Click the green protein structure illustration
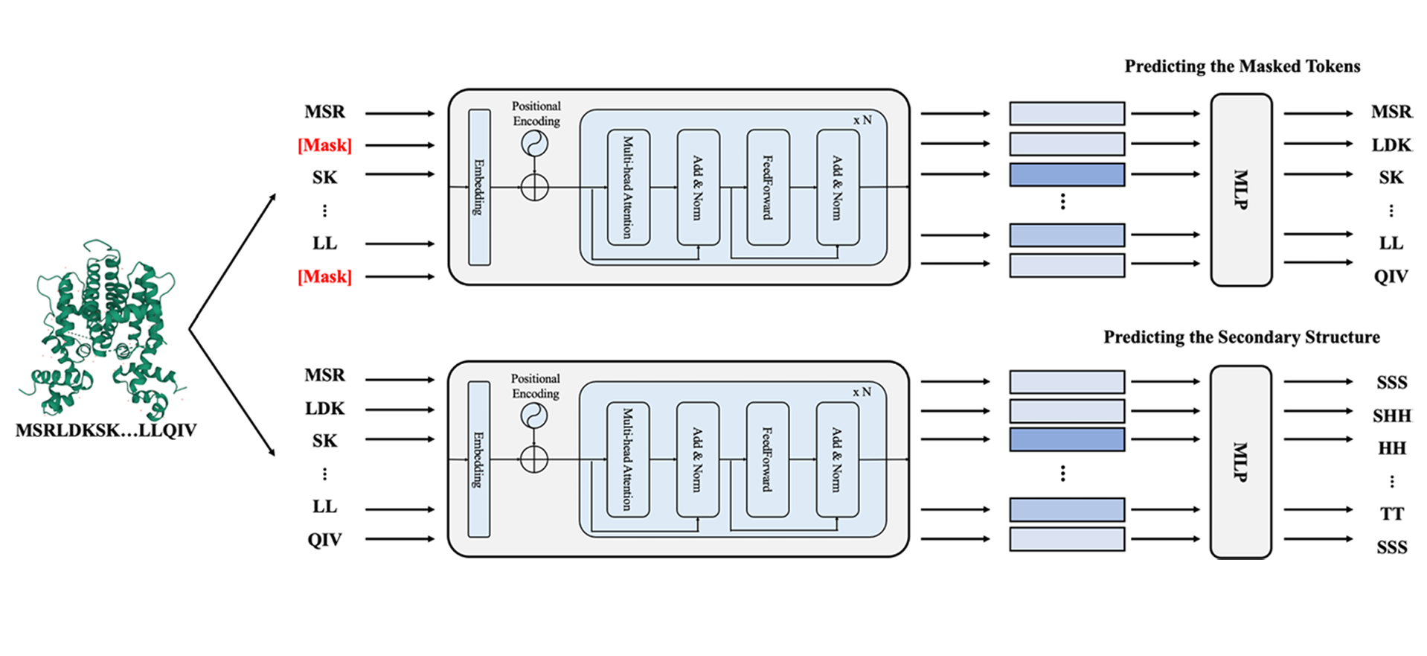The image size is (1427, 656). (x=104, y=328)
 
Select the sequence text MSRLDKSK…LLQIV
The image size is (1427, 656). (x=106, y=430)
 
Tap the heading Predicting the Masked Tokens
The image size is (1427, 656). (x=1242, y=66)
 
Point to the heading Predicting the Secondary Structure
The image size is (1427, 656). (x=1241, y=337)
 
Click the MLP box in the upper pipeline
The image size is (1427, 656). (x=1241, y=189)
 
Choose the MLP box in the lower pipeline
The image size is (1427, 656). (x=1240, y=462)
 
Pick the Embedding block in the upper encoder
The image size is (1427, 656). (x=479, y=188)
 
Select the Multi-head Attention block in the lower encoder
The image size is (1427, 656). (x=628, y=459)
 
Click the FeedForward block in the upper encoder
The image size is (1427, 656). (x=768, y=188)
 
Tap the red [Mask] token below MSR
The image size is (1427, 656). (x=324, y=145)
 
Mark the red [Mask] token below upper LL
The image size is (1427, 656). (x=324, y=277)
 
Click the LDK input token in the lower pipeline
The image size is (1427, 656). (x=324, y=409)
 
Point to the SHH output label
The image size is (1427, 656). (x=1391, y=415)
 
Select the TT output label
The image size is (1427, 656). (x=1391, y=514)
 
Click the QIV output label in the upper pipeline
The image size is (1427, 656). (x=1391, y=277)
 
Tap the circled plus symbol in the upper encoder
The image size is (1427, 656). (x=534, y=187)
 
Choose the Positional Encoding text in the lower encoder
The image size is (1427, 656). (x=535, y=386)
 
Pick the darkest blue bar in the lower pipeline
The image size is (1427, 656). (x=1066, y=439)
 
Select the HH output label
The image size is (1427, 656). (x=1391, y=448)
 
